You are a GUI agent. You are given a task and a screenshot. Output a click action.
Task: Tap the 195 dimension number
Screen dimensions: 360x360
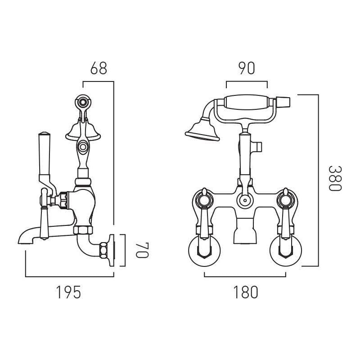[68, 292]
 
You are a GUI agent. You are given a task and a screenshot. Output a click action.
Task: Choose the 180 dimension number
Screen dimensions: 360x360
[246, 292]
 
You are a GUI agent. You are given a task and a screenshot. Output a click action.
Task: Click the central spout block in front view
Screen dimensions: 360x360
[245, 233]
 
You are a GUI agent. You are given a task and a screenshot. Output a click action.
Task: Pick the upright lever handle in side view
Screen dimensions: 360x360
[44, 155]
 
